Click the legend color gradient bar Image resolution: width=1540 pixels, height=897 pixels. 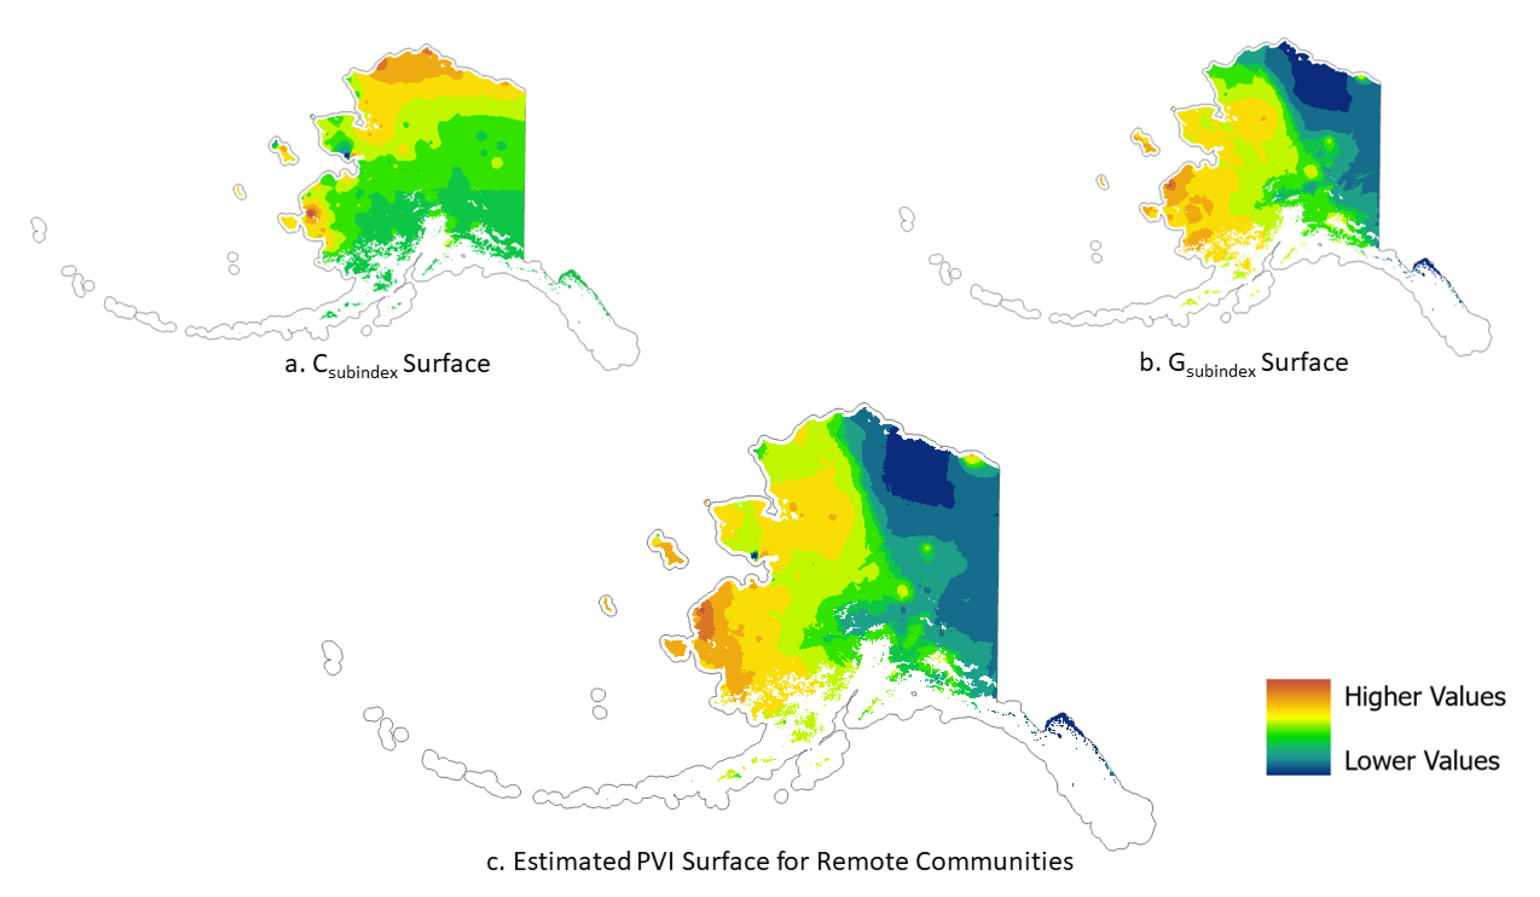[1297, 727]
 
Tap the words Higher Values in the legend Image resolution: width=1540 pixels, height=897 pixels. [1425, 697]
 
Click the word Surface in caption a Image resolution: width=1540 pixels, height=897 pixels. [446, 364]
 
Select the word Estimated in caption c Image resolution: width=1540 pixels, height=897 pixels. [571, 862]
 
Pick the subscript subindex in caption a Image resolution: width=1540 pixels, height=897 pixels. [363, 371]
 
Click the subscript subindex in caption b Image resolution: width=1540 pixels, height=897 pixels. [1221, 370]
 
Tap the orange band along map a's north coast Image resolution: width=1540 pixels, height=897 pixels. [416, 67]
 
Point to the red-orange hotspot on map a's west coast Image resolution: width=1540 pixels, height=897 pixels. [312, 213]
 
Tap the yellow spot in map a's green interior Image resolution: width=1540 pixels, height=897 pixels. [497, 162]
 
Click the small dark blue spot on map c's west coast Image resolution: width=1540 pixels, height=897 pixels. [754, 555]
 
